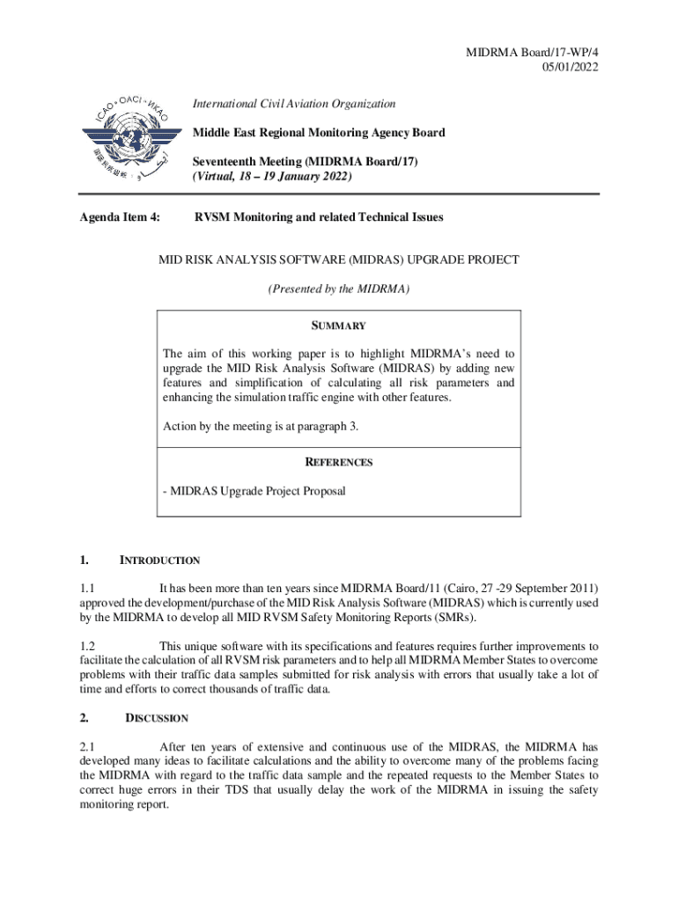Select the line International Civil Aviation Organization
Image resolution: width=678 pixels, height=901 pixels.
pyautogui.click(x=294, y=104)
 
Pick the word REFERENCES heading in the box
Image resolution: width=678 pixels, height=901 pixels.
pyautogui.click(x=339, y=462)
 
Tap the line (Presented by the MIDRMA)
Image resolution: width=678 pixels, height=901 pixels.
pyautogui.click(x=339, y=289)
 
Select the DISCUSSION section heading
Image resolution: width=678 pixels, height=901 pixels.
pyautogui.click(x=157, y=718)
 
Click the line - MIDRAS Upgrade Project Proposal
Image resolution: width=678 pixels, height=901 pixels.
pyautogui.click(x=254, y=491)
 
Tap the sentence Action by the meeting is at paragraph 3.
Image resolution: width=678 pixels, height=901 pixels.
pyautogui.click(x=261, y=427)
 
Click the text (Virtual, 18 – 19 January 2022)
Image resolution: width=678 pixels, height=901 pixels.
pyautogui.click(x=272, y=177)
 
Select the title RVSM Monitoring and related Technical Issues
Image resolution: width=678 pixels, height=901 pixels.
pyautogui.click(x=319, y=217)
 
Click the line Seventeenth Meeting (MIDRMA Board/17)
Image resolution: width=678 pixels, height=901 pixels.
pyautogui.click(x=306, y=162)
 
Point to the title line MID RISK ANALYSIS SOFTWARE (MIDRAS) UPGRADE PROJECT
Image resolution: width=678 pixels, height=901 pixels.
pyautogui.click(x=339, y=260)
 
